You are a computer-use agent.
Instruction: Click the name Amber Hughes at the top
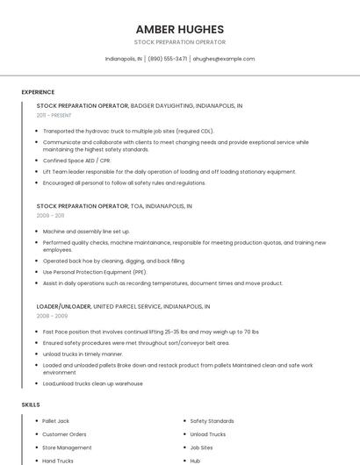179,29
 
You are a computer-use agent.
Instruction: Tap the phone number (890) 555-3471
167,59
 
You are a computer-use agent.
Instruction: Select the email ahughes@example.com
224,59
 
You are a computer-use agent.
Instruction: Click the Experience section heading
38,92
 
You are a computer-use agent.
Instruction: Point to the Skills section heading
30,404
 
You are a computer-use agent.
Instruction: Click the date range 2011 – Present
54,115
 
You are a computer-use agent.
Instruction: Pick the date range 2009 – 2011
50,215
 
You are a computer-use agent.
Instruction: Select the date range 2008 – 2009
52,316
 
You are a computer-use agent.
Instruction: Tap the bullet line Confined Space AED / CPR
76,161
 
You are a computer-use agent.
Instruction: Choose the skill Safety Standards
212,421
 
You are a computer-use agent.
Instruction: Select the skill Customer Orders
64,434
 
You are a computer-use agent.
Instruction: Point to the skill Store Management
67,447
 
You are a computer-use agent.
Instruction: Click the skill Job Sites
201,447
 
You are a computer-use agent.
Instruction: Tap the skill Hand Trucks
58,461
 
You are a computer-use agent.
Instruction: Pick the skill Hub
195,461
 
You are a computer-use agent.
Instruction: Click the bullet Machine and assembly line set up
86,232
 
